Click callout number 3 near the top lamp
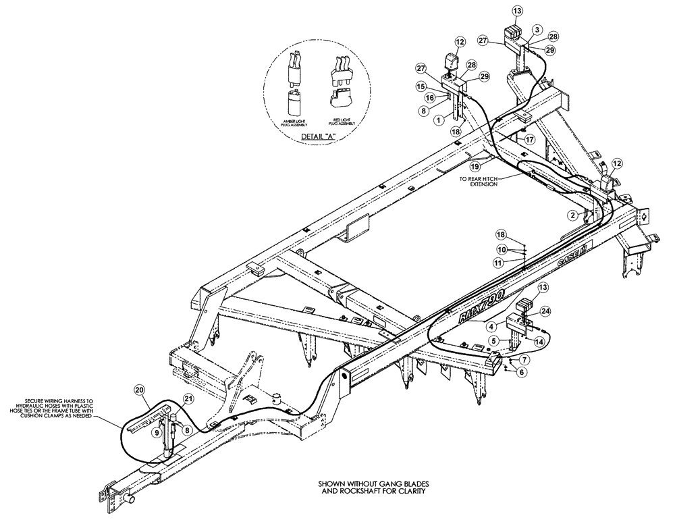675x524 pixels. coord(537,30)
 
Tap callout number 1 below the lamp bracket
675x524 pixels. coord(438,119)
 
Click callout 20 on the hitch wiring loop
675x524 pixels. coord(139,390)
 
